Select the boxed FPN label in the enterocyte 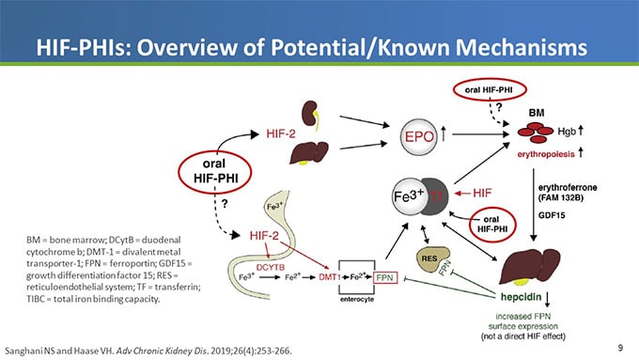pos(383,279)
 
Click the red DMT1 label pos(324,279)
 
